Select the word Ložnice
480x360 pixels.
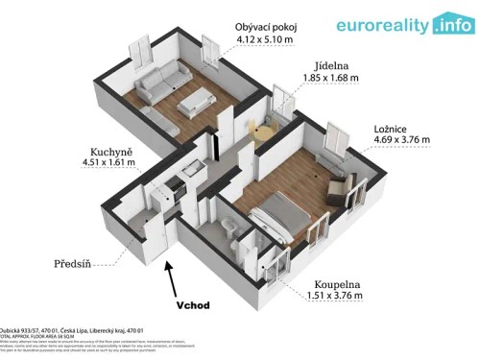pyautogui.click(x=393, y=127)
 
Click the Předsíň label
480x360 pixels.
pyautogui.click(x=47, y=262)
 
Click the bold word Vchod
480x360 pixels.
pyautogui.click(x=199, y=306)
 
